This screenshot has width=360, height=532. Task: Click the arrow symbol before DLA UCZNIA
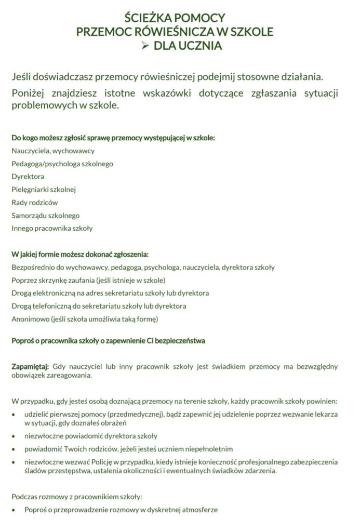pos(145,46)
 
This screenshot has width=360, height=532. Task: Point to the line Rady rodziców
pos(34,202)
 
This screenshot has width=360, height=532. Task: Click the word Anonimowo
pos(30,318)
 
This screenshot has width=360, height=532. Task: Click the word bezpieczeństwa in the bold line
pos(180,341)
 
